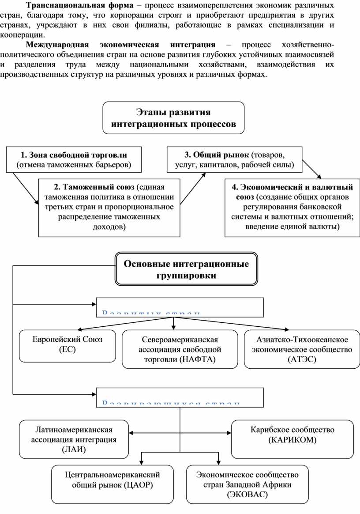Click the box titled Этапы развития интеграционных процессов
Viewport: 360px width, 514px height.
click(173, 118)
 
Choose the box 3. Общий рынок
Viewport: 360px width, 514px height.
click(234, 160)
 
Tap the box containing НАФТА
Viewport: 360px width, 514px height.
click(180, 349)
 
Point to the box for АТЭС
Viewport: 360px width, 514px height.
click(302, 349)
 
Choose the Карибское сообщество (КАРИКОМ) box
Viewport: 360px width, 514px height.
click(292, 435)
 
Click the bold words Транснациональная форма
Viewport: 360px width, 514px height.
click(79, 6)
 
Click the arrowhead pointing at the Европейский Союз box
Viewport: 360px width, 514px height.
click(79, 329)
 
